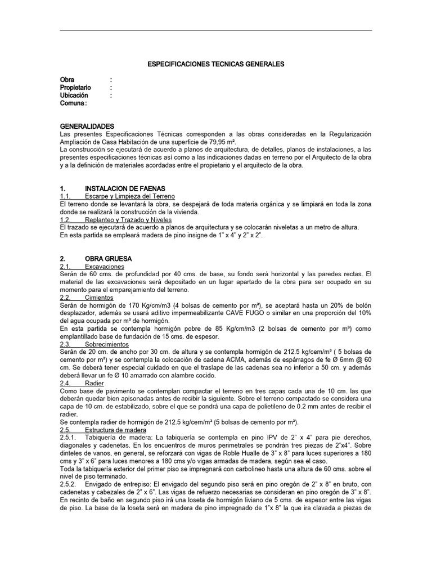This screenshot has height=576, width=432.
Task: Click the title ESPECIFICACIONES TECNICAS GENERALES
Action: click(x=215, y=64)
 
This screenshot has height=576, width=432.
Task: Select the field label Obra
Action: click(x=67, y=80)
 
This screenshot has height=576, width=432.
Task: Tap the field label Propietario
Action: click(x=75, y=88)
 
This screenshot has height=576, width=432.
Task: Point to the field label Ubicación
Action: click(x=74, y=96)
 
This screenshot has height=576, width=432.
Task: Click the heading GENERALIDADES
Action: click(x=87, y=127)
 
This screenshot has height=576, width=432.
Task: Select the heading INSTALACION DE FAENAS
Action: click(x=124, y=187)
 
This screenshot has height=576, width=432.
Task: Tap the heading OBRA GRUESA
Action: click(x=108, y=259)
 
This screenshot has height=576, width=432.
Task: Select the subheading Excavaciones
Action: click(x=105, y=266)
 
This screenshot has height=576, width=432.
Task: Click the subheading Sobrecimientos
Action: click(x=107, y=344)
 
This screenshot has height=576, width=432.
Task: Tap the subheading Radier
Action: click(x=94, y=382)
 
